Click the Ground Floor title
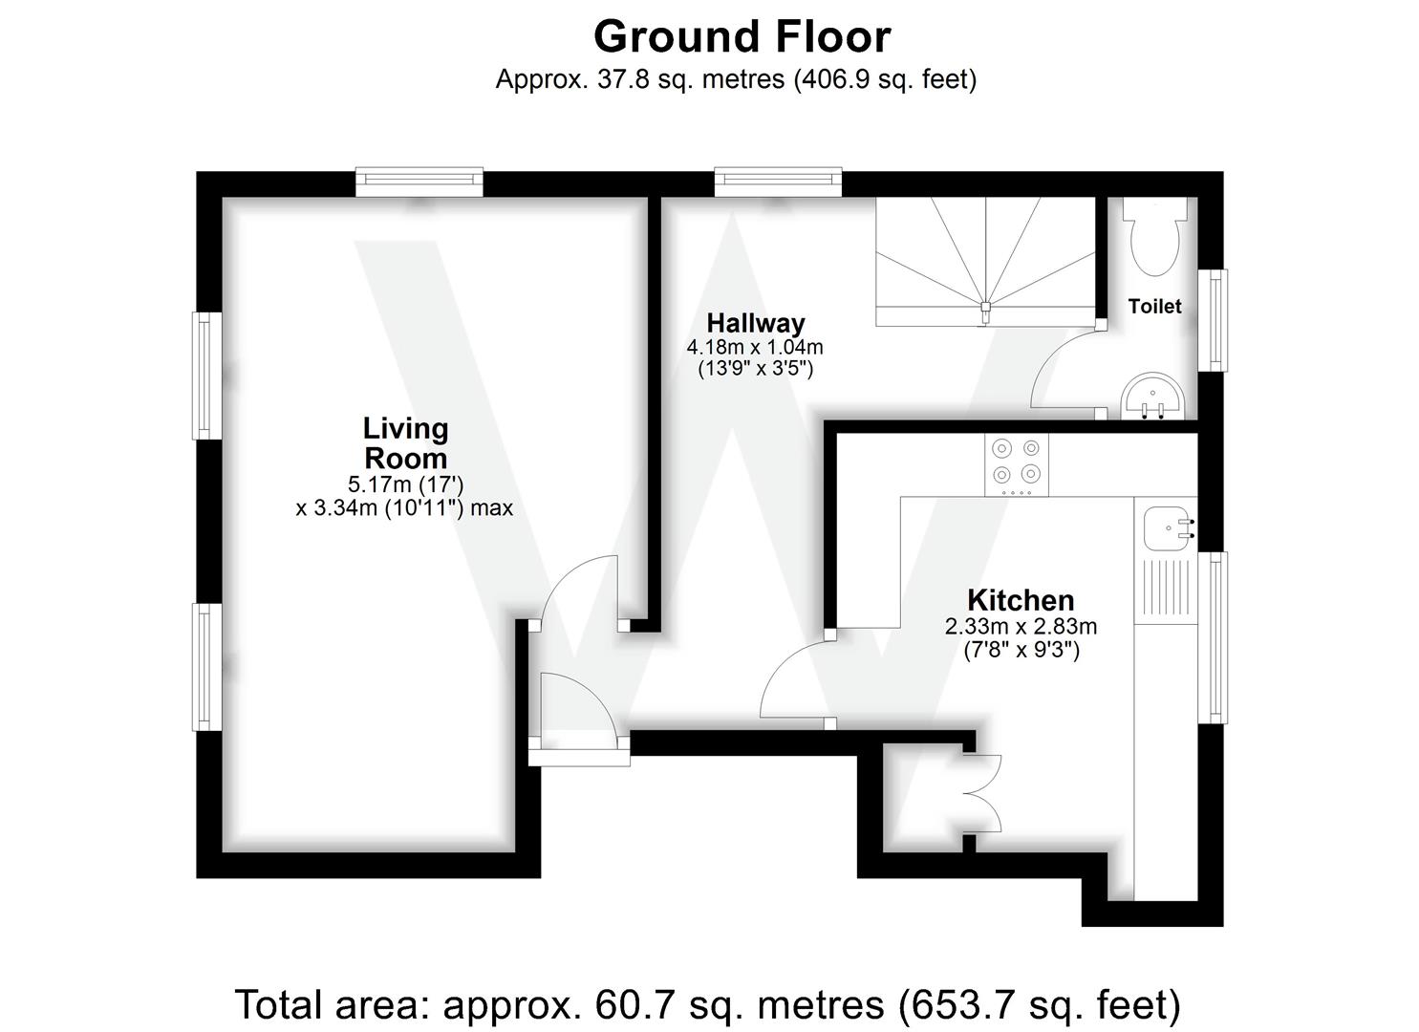(x=742, y=37)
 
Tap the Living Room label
(x=405, y=442)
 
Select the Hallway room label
(x=755, y=323)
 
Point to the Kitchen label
(x=1021, y=600)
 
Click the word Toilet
(x=1154, y=306)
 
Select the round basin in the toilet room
(x=1153, y=397)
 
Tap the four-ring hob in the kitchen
(x=1016, y=463)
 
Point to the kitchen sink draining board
(x=1166, y=591)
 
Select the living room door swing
(x=579, y=592)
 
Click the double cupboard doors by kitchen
(x=984, y=793)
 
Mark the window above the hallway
(x=778, y=182)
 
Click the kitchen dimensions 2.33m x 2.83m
(x=1021, y=628)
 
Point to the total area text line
(x=708, y=1005)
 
